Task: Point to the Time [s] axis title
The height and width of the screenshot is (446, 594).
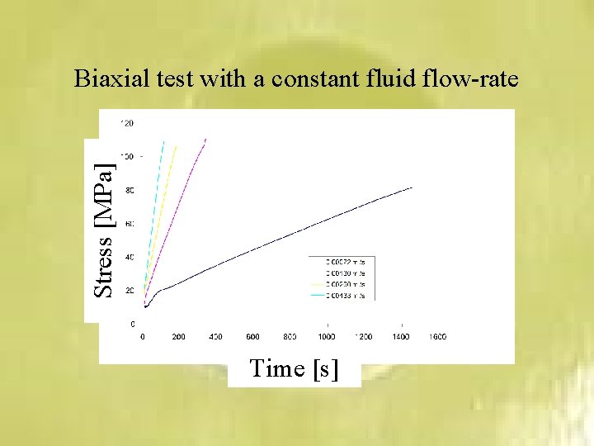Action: coord(294,368)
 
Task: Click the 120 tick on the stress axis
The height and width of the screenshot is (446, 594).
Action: coord(128,123)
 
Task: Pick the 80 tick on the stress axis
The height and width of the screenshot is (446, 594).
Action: coord(130,190)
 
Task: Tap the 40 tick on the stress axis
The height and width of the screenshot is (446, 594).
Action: coord(130,257)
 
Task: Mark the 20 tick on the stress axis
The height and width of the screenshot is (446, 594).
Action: coord(130,291)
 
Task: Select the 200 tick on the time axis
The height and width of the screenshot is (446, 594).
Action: coord(179,337)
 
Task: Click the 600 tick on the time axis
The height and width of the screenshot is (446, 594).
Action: coord(253,337)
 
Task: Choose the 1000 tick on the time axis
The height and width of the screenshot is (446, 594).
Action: coord(327,337)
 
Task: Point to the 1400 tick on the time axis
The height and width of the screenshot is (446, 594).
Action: coord(400,337)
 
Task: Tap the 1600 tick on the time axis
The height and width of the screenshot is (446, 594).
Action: coord(437,337)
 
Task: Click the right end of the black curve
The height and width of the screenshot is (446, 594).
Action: coord(412,187)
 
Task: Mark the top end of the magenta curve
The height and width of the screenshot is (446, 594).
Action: coord(205,139)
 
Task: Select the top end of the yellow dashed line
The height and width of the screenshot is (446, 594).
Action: coord(177,145)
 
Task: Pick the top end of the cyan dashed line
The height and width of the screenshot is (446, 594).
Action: coord(165,140)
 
